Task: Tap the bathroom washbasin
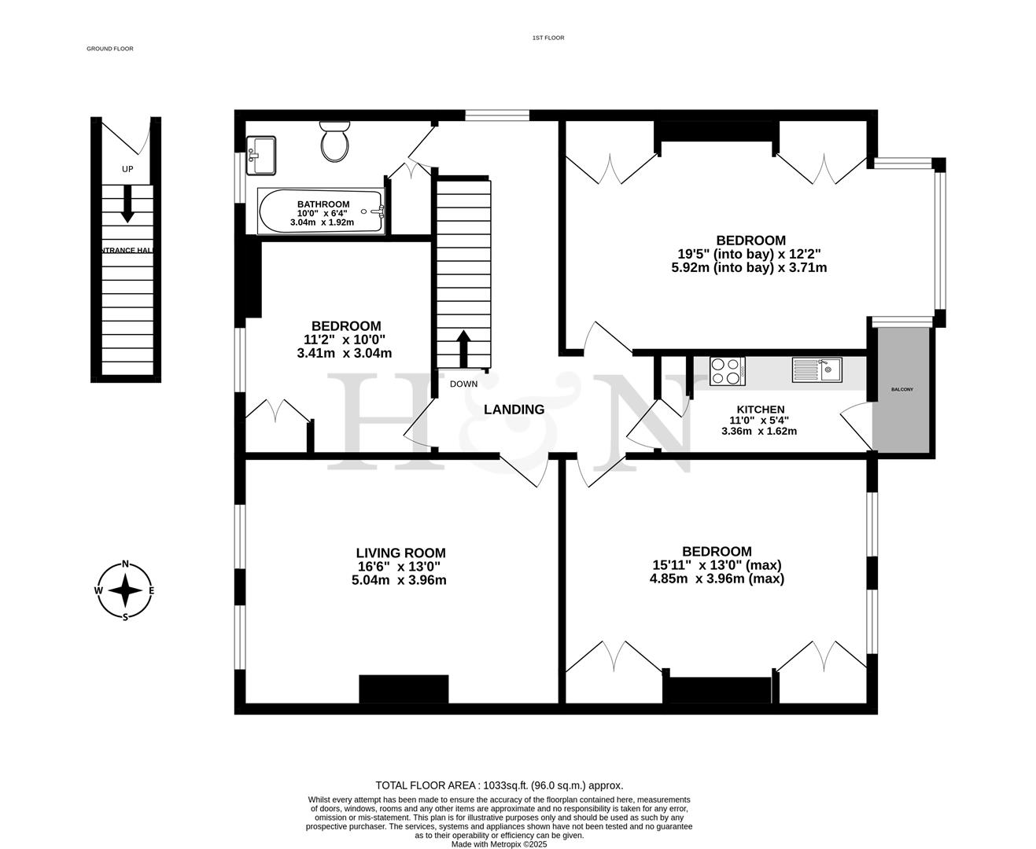[260, 155]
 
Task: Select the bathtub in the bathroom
[320, 211]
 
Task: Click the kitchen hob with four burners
[727, 371]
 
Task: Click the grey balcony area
[901, 390]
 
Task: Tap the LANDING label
[514, 410]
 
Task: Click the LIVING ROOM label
[400, 553]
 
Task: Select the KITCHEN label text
[760, 410]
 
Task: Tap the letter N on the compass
[125, 564]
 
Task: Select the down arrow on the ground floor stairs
[127, 204]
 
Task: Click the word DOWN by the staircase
[463, 384]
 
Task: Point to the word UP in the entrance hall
[127, 169]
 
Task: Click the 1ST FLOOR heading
[548, 38]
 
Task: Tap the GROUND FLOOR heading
[110, 49]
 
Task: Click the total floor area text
[499, 785]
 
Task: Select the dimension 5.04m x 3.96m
[399, 580]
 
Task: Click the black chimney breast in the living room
[404, 689]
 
